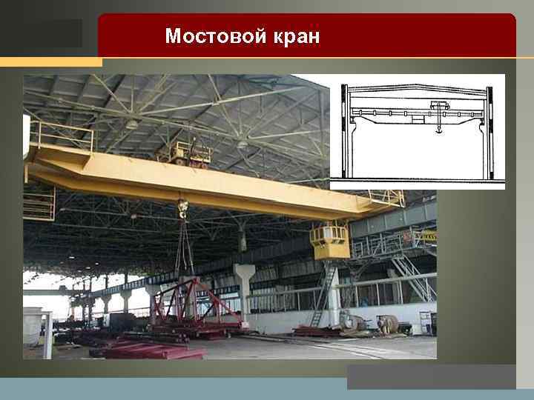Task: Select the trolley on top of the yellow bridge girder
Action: click(185, 153)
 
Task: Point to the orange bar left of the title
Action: click(50, 61)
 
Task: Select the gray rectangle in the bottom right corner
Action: click(431, 376)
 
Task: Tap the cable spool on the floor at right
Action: click(387, 324)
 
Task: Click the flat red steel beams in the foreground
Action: click(148, 348)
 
